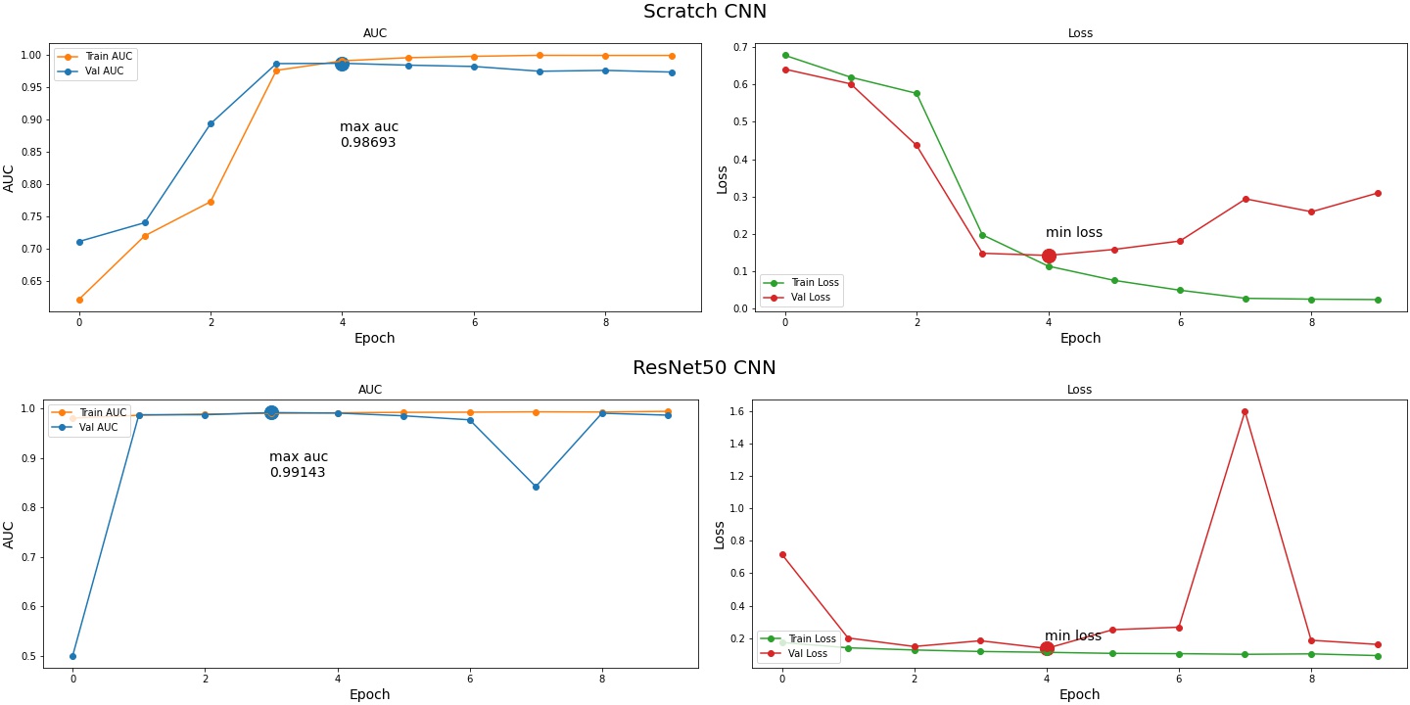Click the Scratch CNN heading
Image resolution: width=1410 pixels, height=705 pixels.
click(x=704, y=12)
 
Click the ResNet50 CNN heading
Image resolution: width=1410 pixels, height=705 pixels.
click(x=704, y=368)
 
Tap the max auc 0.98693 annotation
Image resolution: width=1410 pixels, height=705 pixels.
click(x=369, y=135)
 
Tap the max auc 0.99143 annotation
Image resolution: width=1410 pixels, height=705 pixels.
click(x=299, y=465)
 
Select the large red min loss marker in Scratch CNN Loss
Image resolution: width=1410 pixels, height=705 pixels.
click(x=1049, y=256)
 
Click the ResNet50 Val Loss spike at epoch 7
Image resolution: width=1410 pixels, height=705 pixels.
click(x=1245, y=411)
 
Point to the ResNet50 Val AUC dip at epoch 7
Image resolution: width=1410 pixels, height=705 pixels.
click(x=536, y=487)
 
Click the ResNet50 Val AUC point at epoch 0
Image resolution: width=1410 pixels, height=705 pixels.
click(x=72, y=656)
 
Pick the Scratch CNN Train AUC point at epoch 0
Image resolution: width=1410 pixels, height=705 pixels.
click(x=79, y=300)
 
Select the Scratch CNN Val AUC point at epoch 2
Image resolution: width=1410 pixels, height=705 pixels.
click(x=211, y=123)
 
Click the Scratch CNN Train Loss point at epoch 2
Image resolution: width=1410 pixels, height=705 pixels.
click(x=916, y=94)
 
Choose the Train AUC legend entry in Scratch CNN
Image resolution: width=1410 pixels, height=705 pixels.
click(x=95, y=57)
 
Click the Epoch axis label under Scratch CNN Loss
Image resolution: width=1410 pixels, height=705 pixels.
click(x=1080, y=339)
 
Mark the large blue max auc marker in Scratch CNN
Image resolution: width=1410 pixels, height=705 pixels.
click(x=342, y=64)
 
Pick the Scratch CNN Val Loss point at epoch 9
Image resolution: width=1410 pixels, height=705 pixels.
click(x=1377, y=193)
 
